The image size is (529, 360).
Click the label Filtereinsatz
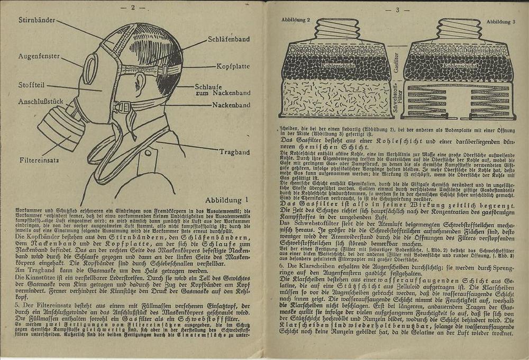[39, 158]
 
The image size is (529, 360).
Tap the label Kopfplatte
[233, 67]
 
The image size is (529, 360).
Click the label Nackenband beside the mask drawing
[232, 105]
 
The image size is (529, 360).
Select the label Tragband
[234, 152]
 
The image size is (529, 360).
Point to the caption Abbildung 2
[296, 19]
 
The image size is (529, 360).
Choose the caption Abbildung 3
[499, 22]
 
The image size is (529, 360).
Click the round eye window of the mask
[90, 69]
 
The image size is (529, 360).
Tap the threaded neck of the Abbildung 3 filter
[458, 29]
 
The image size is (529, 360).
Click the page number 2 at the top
[133, 7]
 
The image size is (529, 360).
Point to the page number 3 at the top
[397, 9]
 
